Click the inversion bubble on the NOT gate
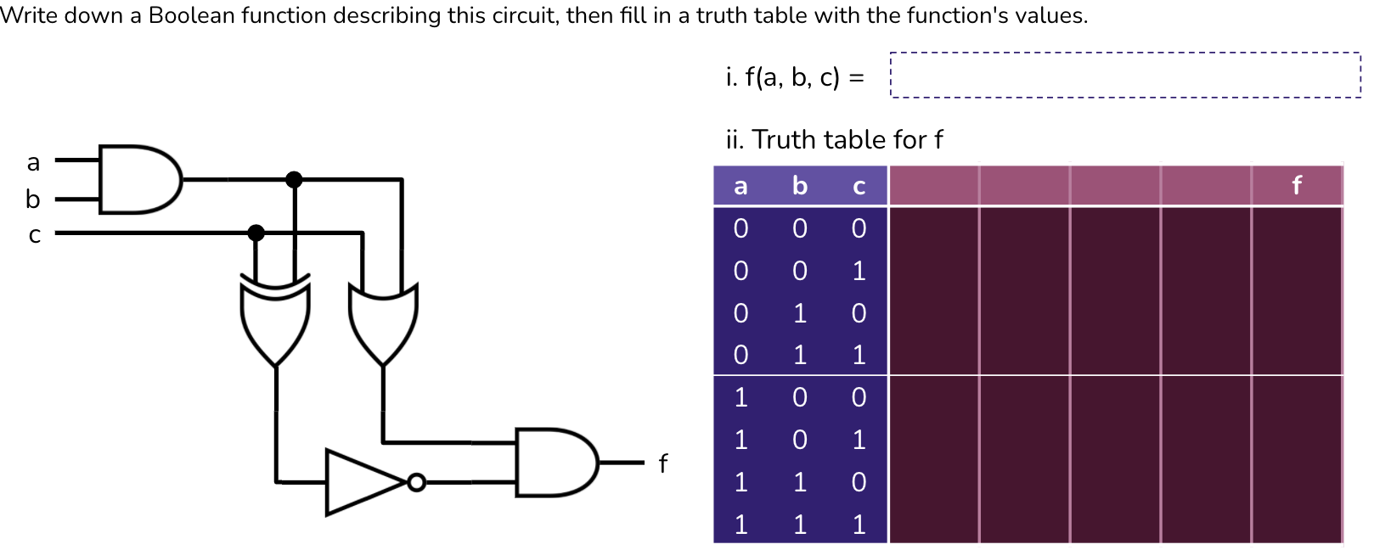click(416, 482)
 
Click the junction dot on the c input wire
click(256, 233)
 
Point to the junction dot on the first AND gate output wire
click(294, 179)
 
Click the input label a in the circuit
click(33, 161)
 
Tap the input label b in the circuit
click(33, 199)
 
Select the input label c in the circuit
click(34, 234)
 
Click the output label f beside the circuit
click(662, 463)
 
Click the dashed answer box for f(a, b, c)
click(1124, 76)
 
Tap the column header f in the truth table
click(1296, 186)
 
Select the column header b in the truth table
click(799, 186)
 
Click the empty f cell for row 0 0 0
click(1296, 228)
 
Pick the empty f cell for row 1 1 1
click(1296, 524)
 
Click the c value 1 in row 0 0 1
click(859, 271)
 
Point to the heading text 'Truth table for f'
click(847, 139)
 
